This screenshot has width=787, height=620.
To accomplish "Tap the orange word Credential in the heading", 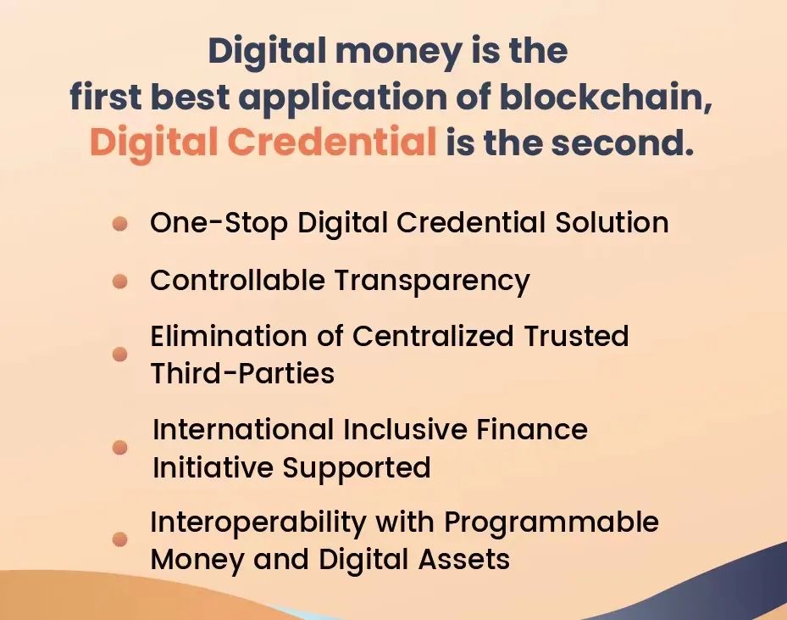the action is pyautogui.click(x=332, y=142).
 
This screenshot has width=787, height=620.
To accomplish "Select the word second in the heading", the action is pyautogui.click(x=623, y=142).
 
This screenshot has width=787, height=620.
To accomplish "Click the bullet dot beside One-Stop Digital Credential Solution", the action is pyautogui.click(x=120, y=224).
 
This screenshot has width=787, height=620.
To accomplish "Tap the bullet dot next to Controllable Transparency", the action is pyautogui.click(x=120, y=281).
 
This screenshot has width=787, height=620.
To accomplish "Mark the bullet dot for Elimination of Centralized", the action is pyautogui.click(x=120, y=355).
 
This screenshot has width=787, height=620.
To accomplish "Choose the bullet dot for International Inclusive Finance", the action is pyautogui.click(x=120, y=447).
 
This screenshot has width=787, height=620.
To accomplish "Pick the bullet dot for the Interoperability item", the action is pyautogui.click(x=120, y=539).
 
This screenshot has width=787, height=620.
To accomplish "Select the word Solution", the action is pyautogui.click(x=612, y=221).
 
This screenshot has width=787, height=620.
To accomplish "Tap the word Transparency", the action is pyautogui.click(x=432, y=281).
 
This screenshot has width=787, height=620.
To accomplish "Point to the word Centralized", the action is pyautogui.click(x=433, y=335).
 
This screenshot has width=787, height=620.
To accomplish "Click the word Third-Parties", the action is pyautogui.click(x=242, y=373).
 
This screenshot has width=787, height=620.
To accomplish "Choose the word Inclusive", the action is pyautogui.click(x=406, y=429).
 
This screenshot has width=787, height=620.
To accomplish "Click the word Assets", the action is pyautogui.click(x=464, y=559).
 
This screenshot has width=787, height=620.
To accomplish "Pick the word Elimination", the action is pyautogui.click(x=229, y=335).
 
